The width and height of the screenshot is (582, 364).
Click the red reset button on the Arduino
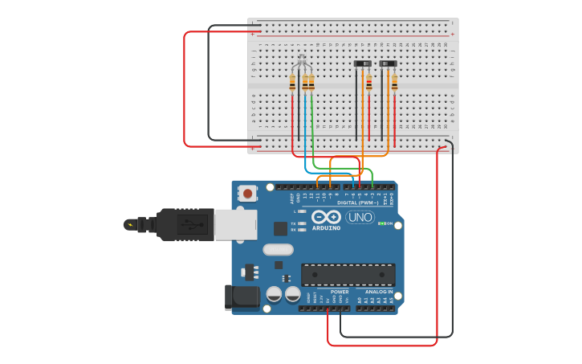[248, 194]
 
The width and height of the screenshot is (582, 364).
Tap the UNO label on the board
[360, 217]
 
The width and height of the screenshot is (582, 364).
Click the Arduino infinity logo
[327, 217]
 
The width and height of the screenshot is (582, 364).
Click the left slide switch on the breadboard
[363, 63]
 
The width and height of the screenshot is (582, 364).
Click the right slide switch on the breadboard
[388, 63]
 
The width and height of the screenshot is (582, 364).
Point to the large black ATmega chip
[348, 275]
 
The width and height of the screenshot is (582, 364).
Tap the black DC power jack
[242, 297]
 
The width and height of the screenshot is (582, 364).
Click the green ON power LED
[383, 223]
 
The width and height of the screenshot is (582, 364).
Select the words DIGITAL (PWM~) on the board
[358, 202]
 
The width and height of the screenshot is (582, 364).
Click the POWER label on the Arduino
[340, 292]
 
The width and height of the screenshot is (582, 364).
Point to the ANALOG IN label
[379, 292]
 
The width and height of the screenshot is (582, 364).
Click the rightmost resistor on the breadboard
[394, 82]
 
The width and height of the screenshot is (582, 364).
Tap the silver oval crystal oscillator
[278, 249]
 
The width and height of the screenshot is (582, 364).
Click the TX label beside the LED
[293, 223]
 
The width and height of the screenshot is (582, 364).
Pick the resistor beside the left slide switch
[369, 82]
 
